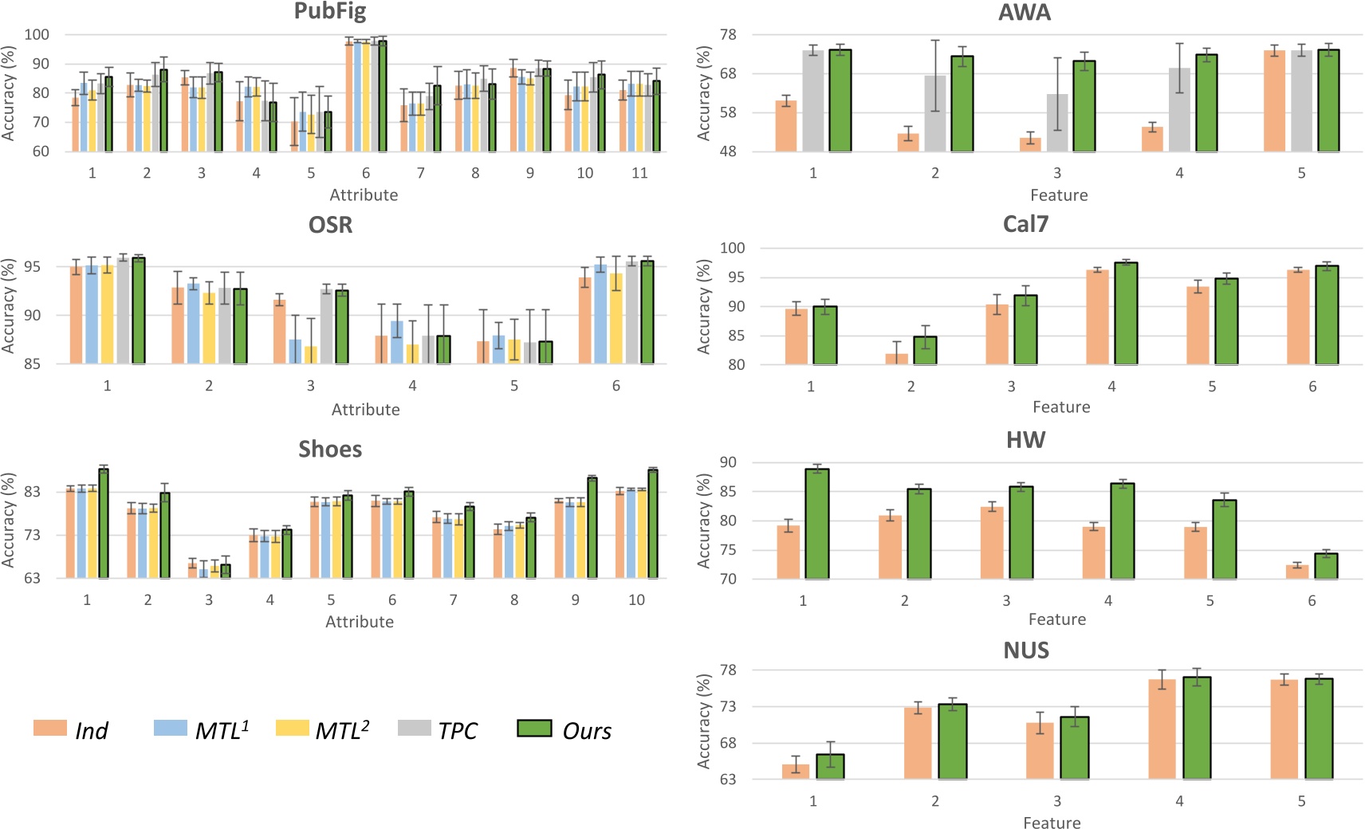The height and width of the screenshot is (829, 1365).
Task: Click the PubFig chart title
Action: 329,12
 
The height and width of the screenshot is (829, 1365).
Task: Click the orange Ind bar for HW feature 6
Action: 1297,572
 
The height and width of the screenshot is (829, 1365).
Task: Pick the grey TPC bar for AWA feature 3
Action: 1057,124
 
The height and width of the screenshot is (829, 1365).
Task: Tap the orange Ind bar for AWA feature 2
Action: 908,143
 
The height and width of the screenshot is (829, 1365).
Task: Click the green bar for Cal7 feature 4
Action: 1125,314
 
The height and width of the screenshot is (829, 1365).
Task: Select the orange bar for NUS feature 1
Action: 796,772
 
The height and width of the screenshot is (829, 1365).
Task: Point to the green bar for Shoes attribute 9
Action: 592,528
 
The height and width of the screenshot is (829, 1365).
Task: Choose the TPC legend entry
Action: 438,729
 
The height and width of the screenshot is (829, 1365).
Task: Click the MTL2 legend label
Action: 342,730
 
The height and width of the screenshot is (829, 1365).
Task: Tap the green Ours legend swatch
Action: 534,728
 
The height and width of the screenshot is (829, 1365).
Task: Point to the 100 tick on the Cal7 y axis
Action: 732,248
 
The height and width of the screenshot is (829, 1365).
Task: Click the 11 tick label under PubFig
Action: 639,173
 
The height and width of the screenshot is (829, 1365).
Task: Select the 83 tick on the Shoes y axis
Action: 32,492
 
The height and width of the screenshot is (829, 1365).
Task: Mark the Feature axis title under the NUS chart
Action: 1052,823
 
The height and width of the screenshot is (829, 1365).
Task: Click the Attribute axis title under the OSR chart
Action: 365,410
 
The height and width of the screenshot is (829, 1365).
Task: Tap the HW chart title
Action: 1025,440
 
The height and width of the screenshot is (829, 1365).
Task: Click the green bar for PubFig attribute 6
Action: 383,96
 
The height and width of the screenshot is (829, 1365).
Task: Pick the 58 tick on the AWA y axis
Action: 727,112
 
